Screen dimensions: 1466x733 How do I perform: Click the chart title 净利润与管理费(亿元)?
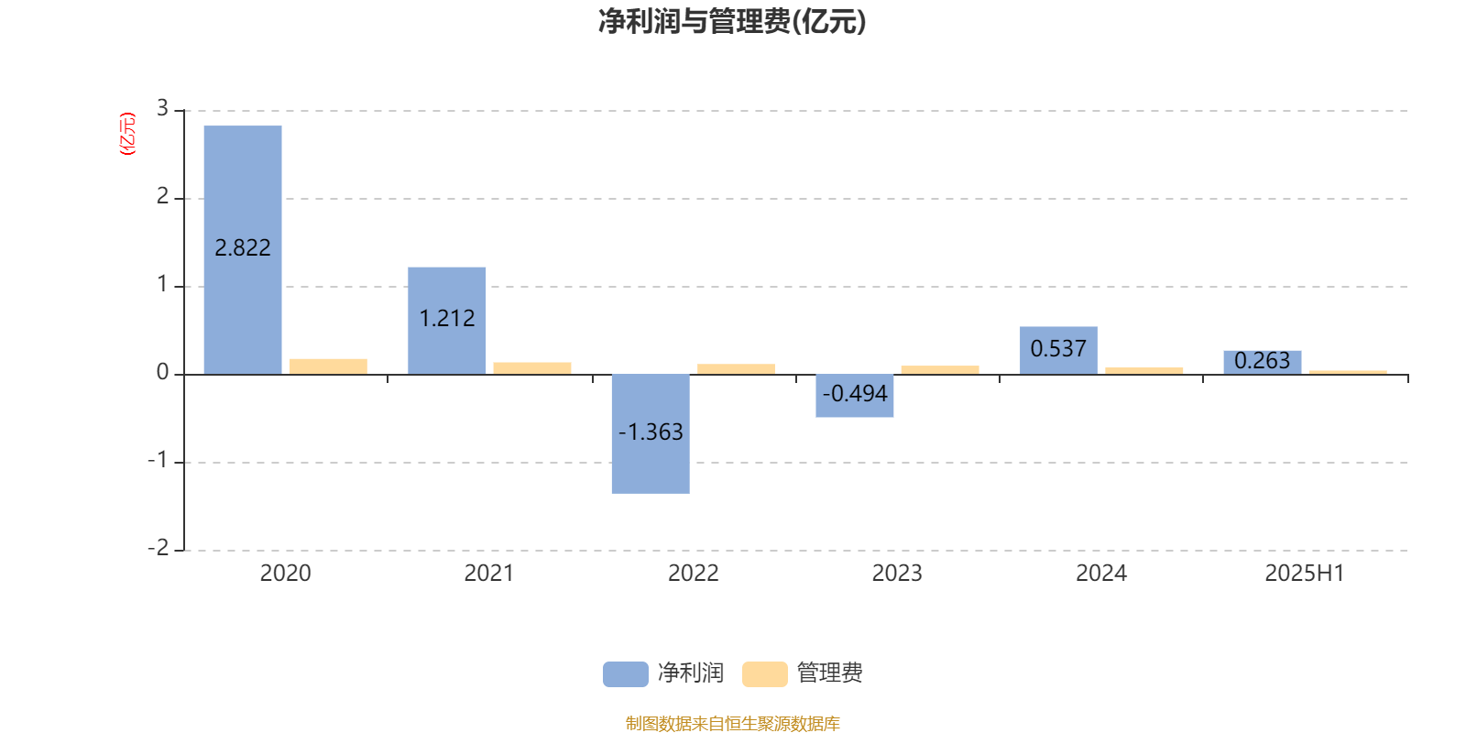point(732,21)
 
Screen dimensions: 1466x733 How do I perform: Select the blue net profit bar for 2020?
point(243,250)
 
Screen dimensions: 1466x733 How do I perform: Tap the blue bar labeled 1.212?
point(447,321)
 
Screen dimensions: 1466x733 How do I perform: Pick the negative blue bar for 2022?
point(651,434)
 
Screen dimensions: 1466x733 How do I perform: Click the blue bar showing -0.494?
point(855,395)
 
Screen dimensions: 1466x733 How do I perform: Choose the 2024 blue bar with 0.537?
point(1058,351)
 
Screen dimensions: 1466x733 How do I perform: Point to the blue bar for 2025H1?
point(1263,363)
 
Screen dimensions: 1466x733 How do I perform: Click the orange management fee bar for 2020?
point(329,366)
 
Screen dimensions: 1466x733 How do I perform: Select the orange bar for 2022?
point(737,369)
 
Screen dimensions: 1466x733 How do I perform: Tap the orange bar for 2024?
point(1144,371)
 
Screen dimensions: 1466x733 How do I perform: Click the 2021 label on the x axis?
point(489,574)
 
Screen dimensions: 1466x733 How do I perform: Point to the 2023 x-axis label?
point(897,574)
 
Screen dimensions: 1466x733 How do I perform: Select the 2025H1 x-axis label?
point(1305,574)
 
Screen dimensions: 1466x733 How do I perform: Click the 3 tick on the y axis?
point(162,108)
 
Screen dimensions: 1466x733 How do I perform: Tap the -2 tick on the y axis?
point(159,548)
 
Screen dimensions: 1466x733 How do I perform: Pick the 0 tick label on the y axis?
point(162,372)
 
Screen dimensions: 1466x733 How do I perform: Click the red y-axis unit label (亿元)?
point(127,134)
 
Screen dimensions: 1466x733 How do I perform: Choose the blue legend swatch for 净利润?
point(626,674)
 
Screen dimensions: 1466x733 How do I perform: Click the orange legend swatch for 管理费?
point(764,674)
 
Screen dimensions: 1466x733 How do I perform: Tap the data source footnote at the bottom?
point(732,723)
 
